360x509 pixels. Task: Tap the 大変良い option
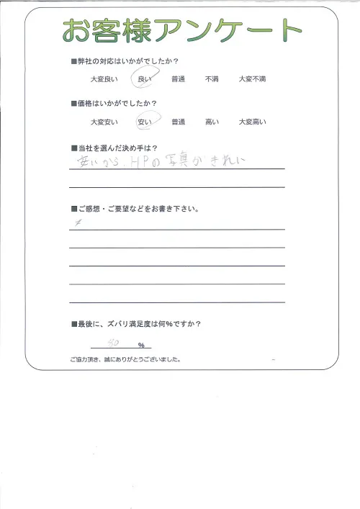click(103, 80)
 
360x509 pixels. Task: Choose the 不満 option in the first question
click(212, 80)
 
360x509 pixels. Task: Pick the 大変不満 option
click(252, 80)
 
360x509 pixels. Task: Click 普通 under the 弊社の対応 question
click(178, 80)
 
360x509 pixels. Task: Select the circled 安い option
click(144, 122)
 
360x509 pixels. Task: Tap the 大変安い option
click(103, 122)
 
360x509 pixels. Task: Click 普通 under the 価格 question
click(178, 122)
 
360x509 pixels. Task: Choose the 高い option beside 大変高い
click(212, 122)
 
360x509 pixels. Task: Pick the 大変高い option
click(252, 122)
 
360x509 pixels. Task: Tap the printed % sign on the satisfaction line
click(141, 346)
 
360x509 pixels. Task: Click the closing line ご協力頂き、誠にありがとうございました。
click(125, 359)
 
